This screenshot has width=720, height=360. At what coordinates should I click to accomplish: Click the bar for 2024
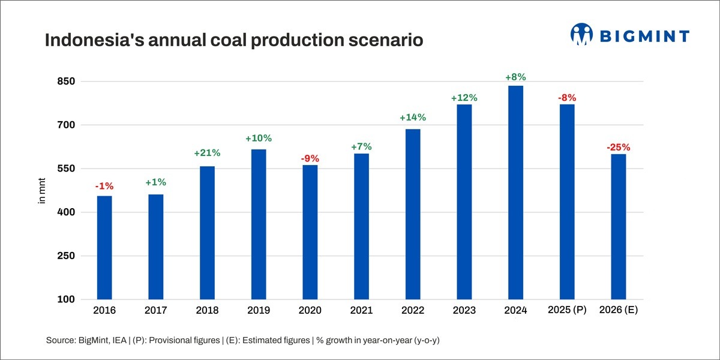point(515,192)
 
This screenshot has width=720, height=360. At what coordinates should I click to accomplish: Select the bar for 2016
point(104,247)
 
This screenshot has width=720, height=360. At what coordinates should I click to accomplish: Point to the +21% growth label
point(207,153)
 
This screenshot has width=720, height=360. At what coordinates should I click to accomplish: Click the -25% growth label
point(618,147)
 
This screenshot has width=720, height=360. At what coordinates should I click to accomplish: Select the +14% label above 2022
point(413,118)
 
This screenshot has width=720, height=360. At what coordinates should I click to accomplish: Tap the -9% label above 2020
point(310,159)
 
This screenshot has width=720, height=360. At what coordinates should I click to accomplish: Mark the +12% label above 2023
point(464,98)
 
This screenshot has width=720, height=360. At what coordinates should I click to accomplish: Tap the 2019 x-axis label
point(259,311)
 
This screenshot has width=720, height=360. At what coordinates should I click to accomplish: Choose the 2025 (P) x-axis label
point(567,310)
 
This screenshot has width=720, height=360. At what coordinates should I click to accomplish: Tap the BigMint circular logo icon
point(581,35)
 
